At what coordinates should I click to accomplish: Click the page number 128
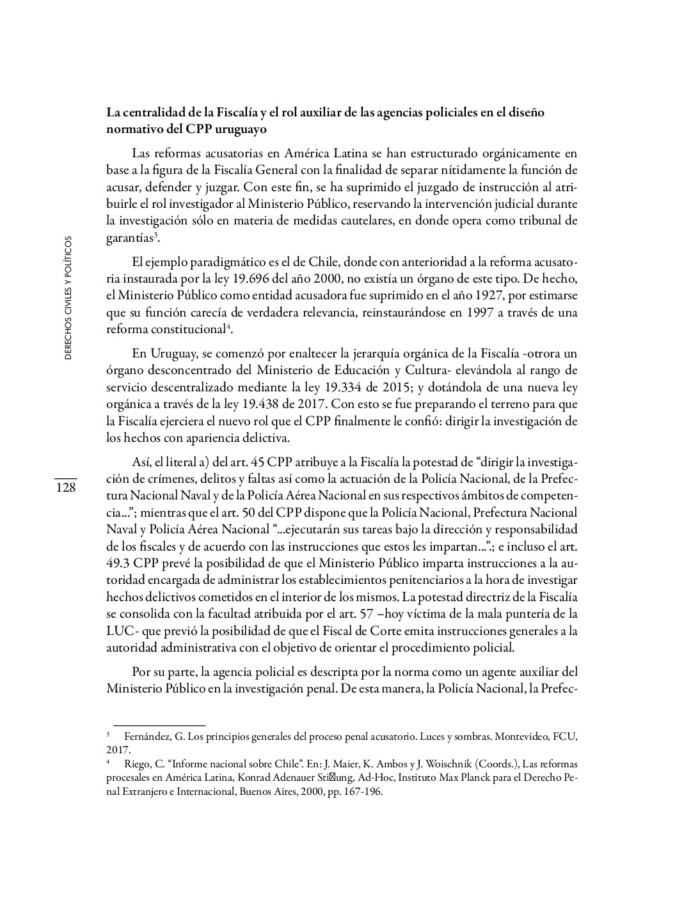[x=65, y=488]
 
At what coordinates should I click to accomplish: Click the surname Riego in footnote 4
[x=134, y=764]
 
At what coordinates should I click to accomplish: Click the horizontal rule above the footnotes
[x=155, y=725]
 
